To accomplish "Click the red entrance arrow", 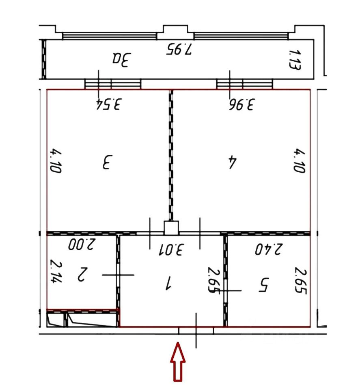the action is [178, 362].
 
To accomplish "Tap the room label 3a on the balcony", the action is [121, 60].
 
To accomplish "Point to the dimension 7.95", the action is [179, 49].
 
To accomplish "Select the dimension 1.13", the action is [295, 60].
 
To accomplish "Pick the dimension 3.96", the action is [242, 104].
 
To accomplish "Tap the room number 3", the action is [108, 162].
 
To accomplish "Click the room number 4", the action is [233, 162].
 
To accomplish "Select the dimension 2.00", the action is [82, 244].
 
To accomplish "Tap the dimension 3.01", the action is [172, 249].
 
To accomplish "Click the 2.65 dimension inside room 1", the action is [213, 280].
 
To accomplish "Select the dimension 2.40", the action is [269, 249].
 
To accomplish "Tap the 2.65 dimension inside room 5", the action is [301, 280].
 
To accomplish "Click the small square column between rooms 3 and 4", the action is [171, 228].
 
